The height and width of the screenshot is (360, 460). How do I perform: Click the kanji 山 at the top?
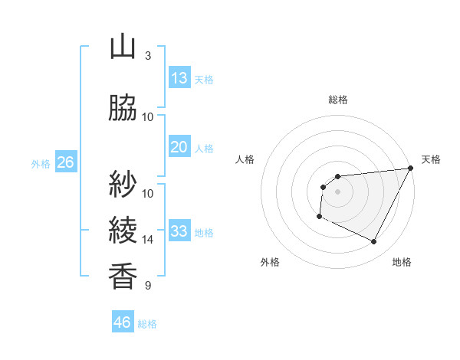(x=123, y=47)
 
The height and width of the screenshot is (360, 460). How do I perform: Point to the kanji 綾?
(x=123, y=231)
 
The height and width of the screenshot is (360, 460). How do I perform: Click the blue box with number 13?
(x=179, y=78)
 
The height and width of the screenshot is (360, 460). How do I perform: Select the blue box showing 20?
(x=179, y=147)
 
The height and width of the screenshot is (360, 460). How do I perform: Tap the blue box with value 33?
(x=179, y=231)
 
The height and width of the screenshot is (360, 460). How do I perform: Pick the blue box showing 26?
(x=65, y=162)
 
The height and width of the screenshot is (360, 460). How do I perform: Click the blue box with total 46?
(x=123, y=322)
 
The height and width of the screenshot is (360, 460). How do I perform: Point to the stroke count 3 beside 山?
(x=148, y=56)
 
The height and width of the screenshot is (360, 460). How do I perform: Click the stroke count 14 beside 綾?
(x=148, y=240)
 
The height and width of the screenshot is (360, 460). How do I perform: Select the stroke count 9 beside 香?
(x=148, y=286)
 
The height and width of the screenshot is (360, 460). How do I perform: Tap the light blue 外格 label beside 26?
(x=41, y=163)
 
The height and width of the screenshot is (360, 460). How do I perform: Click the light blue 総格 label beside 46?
(x=147, y=324)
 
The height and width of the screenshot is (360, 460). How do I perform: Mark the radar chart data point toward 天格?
(x=410, y=169)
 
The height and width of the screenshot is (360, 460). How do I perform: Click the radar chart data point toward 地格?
(x=374, y=242)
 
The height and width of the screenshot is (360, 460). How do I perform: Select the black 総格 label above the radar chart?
(x=338, y=100)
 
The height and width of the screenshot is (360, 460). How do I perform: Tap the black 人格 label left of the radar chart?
(x=245, y=159)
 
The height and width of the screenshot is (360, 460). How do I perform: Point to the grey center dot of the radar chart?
(x=337, y=191)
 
